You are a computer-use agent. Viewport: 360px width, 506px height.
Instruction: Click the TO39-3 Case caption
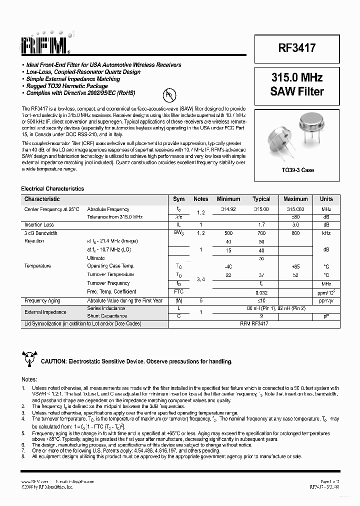pos(297,170)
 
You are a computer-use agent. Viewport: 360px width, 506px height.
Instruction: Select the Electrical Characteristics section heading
pos(52,188)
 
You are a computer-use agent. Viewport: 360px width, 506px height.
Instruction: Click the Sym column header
pos(178,199)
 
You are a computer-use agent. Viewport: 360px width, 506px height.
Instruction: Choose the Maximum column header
pos(295,199)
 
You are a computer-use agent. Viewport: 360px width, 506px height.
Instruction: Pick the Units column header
pos(326,199)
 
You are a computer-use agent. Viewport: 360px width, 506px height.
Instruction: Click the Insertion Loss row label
pos(39,225)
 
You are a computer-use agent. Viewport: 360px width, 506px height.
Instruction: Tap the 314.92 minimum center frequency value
pos(228,209)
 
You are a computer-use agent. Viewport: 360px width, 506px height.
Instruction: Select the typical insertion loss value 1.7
pos(261,225)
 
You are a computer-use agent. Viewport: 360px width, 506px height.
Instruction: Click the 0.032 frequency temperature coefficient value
pos(261,291)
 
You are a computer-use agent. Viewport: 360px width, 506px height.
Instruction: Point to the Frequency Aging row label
pos(42,300)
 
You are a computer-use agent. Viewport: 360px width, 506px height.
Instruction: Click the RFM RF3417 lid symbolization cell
pos(261,323)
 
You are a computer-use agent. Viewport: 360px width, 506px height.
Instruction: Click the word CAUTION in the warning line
pos(53,361)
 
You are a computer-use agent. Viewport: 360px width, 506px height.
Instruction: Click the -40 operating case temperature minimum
pos(228,266)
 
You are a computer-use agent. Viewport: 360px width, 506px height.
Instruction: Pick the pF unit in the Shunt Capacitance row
pos(326,316)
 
